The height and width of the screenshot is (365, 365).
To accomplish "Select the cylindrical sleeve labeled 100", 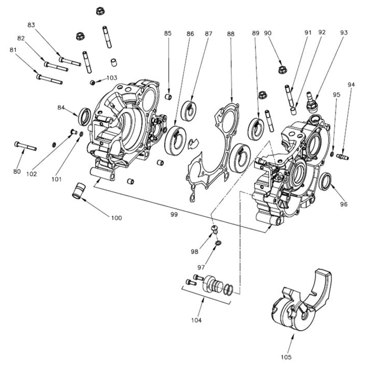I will click(x=80, y=191).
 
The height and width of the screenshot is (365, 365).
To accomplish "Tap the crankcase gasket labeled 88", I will click(x=214, y=151).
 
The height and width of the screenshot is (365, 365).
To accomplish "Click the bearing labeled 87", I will click(x=189, y=110).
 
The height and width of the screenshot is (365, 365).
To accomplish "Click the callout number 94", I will click(x=350, y=85).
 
